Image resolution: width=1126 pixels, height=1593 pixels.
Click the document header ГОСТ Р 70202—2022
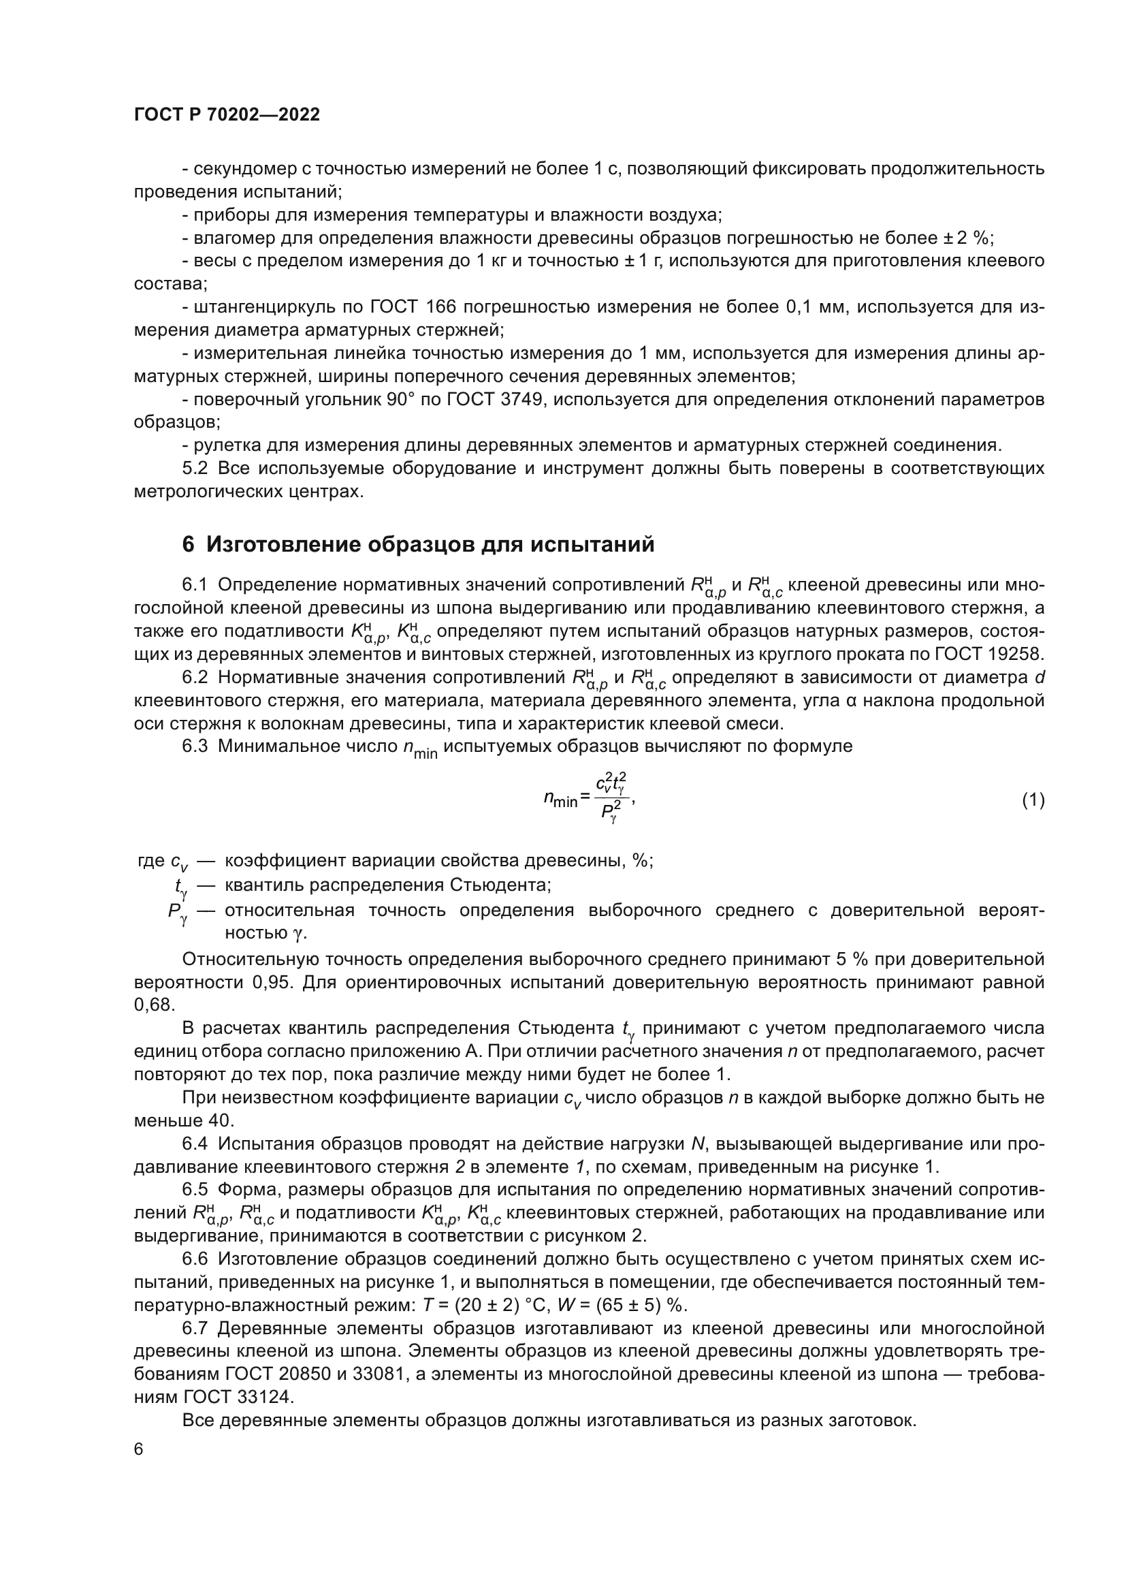click(227, 115)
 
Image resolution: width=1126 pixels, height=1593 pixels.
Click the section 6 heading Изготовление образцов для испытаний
click(418, 545)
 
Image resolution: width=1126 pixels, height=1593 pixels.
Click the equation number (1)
click(1033, 800)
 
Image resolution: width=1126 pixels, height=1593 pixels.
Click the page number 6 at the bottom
click(139, 1449)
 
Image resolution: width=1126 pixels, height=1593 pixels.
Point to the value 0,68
click(152, 1005)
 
